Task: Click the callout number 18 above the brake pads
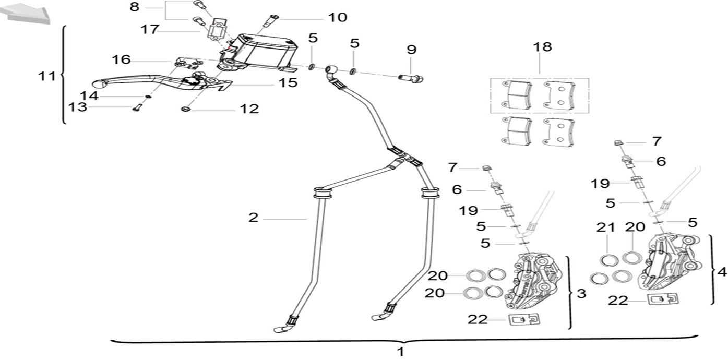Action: (542, 47)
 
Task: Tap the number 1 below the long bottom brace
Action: (400, 352)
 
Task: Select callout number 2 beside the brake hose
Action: (254, 218)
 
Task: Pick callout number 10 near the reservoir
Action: (338, 17)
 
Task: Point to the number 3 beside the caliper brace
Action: (581, 293)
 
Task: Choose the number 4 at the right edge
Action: (722, 272)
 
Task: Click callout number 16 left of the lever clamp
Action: (121, 59)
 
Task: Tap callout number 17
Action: (150, 29)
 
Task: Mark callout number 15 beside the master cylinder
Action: (287, 82)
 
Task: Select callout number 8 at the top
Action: (135, 7)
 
